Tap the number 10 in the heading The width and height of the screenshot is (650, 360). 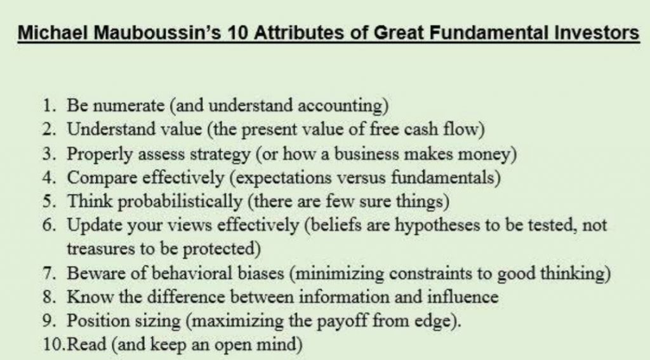(237, 32)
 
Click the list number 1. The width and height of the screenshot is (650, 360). (49, 105)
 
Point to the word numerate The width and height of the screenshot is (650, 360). (128, 105)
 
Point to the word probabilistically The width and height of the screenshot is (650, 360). (180, 202)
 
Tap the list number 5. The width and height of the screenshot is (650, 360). (49, 201)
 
